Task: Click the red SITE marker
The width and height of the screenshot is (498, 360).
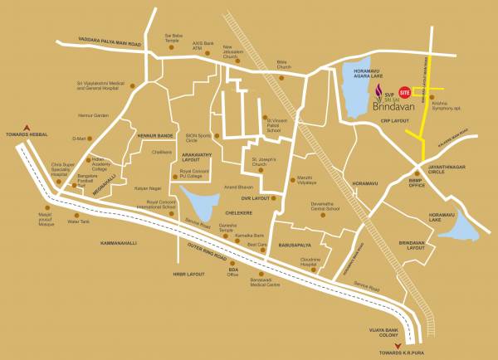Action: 405,91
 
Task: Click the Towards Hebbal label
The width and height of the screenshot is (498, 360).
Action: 29,133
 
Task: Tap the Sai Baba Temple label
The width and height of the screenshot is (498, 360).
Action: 173,39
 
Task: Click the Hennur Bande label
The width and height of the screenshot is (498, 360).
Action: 154,134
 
